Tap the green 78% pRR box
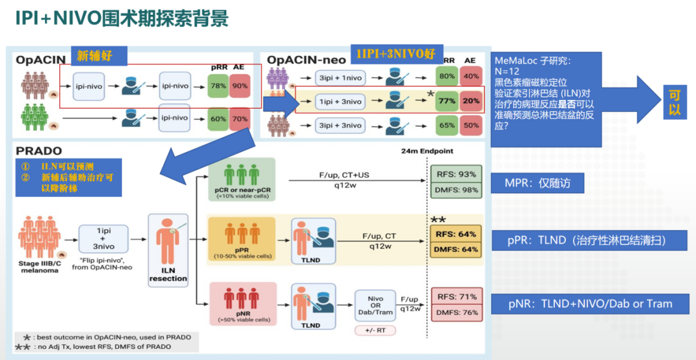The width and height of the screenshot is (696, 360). [218, 86]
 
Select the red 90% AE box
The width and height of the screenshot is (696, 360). [239, 86]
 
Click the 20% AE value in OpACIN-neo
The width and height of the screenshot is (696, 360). [471, 101]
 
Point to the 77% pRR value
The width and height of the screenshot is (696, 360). [447, 101]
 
